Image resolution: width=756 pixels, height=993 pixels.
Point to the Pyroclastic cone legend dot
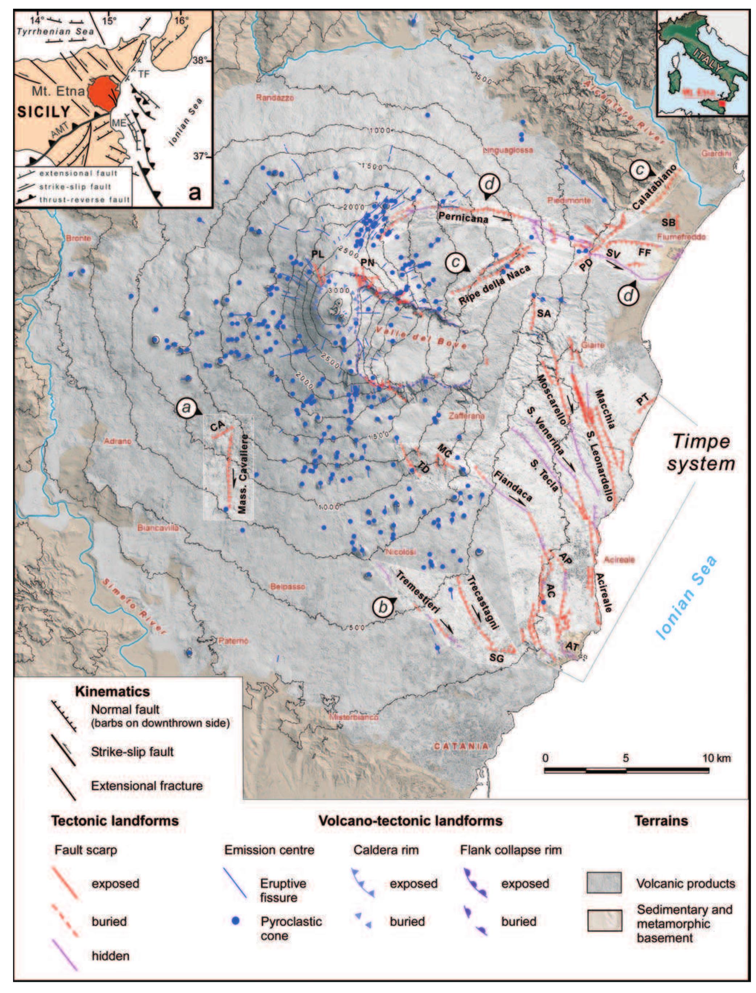pos(235,921)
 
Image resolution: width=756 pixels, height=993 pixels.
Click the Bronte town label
pos(78,238)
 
